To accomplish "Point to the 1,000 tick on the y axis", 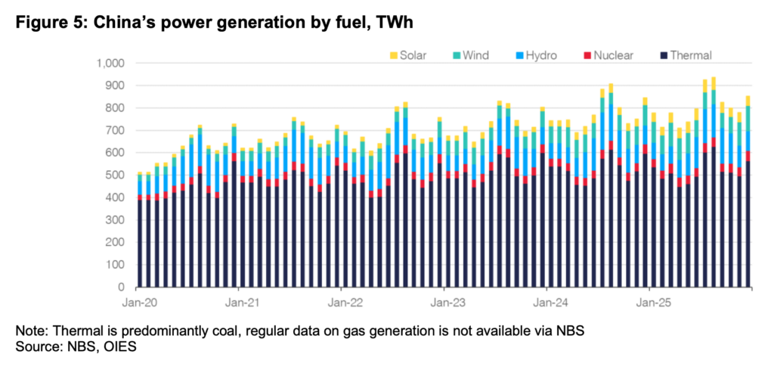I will pos(111,63).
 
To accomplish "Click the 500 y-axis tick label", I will pos(116,175).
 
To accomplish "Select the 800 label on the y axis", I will pos(116,108).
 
